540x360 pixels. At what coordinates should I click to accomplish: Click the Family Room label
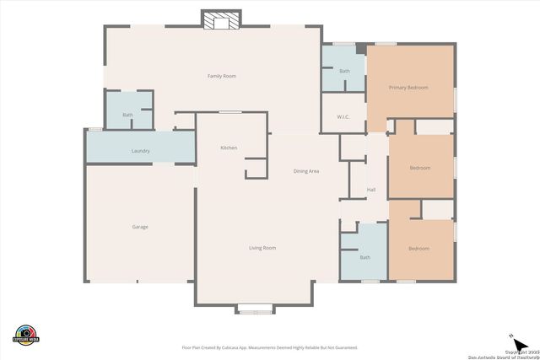[x=222, y=76]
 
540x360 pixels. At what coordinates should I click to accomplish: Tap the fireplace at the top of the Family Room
[x=221, y=20]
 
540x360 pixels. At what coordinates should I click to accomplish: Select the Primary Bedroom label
[x=408, y=88]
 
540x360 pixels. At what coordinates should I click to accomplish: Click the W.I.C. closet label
[x=343, y=117]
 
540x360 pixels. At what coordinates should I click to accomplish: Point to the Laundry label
[x=140, y=151]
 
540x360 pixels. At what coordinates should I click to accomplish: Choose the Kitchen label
[x=229, y=148]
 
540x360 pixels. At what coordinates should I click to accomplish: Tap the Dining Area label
[x=306, y=171]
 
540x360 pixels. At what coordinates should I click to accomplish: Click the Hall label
[x=371, y=190]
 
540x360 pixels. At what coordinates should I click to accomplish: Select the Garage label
[x=140, y=227]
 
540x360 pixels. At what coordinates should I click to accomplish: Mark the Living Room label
[x=262, y=248]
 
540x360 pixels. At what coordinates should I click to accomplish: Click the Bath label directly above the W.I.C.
[x=344, y=72]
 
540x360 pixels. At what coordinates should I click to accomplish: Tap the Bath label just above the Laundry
[x=127, y=115]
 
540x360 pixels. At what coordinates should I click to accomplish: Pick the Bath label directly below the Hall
[x=364, y=257]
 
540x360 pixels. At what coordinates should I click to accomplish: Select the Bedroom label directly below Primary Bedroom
[x=419, y=168]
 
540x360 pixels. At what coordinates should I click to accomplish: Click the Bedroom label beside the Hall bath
[x=418, y=249]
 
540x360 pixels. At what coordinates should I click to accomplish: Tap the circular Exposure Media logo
[x=26, y=334]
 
